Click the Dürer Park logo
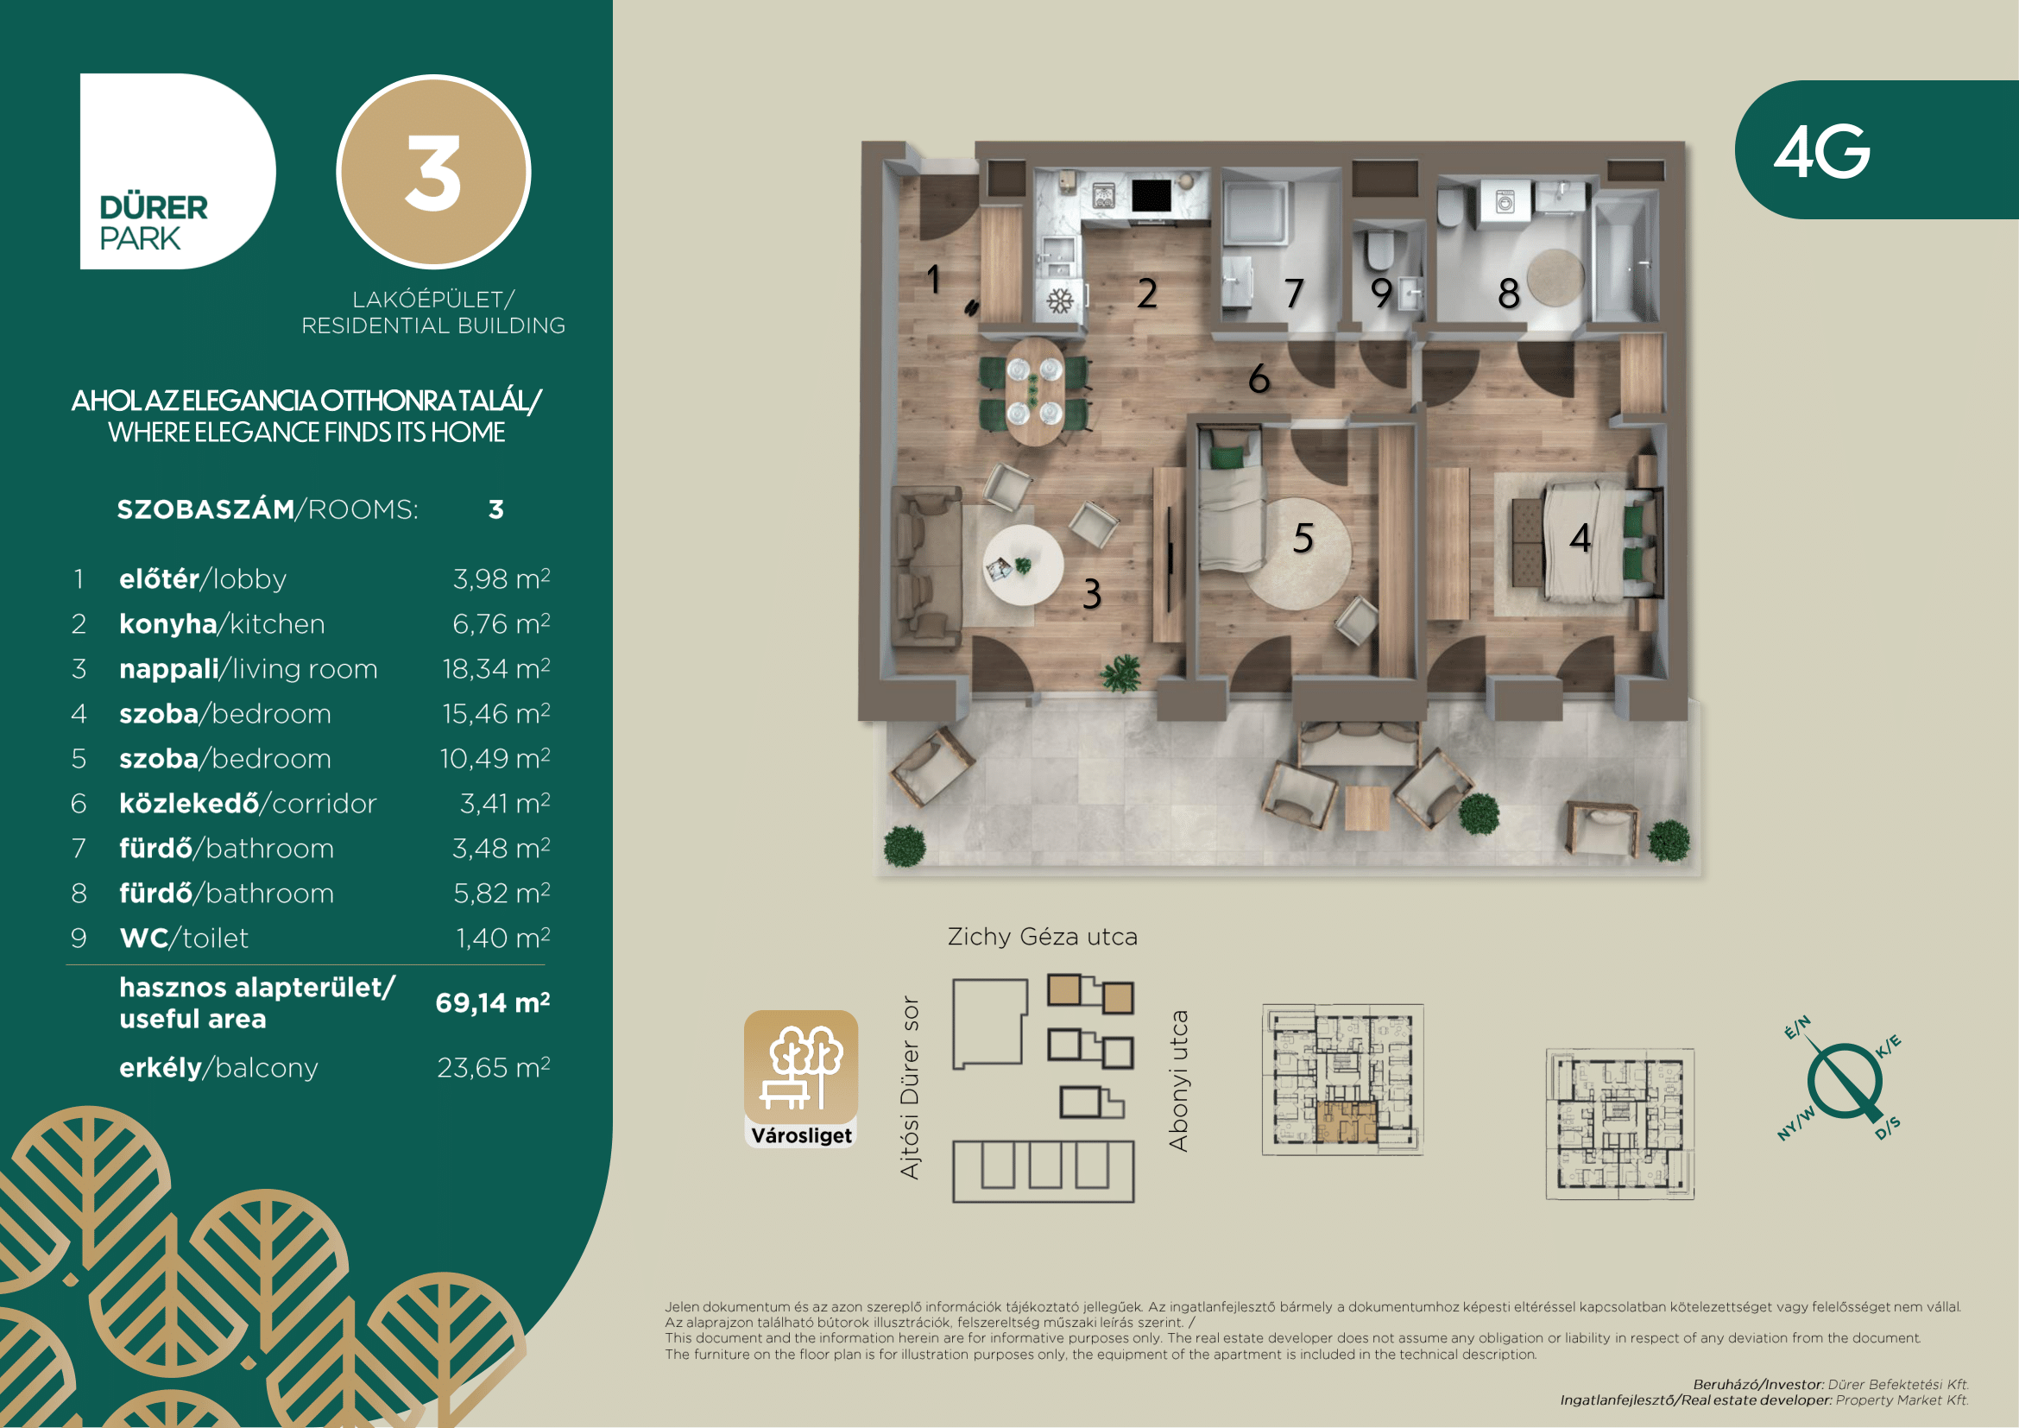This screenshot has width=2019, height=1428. coord(178,172)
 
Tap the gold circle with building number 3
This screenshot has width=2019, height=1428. coord(433,172)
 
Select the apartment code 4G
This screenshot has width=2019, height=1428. coord(1821,150)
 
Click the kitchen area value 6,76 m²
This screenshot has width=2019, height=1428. coord(502,623)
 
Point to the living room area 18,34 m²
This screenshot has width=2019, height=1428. coord(496,668)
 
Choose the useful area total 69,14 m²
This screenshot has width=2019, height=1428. coord(492,1002)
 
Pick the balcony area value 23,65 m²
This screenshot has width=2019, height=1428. coord(494,1067)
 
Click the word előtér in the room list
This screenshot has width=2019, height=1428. coord(159,578)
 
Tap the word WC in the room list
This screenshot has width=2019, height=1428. coord(144,938)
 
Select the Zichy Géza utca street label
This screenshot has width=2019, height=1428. coord(1042,937)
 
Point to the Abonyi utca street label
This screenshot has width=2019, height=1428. coord(1178,1081)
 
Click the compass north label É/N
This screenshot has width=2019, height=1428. coord(1797,1027)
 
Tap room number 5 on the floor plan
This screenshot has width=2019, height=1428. coord(1303,537)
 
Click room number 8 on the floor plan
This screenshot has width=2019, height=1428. coord(1509,293)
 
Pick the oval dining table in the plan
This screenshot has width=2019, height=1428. coord(1036,391)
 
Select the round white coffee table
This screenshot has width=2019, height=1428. coord(1023,565)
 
